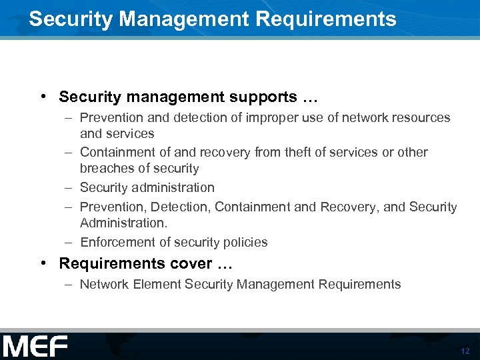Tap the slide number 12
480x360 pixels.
coord(465,351)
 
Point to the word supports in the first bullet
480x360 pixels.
coord(263,97)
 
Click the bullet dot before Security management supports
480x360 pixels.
coord(42,97)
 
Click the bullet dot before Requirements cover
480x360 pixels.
coord(42,263)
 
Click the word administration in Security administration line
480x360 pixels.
coord(172,187)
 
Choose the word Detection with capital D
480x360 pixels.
coord(183,207)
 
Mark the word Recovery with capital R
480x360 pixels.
coord(349,207)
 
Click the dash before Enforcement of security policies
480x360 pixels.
coord(69,242)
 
